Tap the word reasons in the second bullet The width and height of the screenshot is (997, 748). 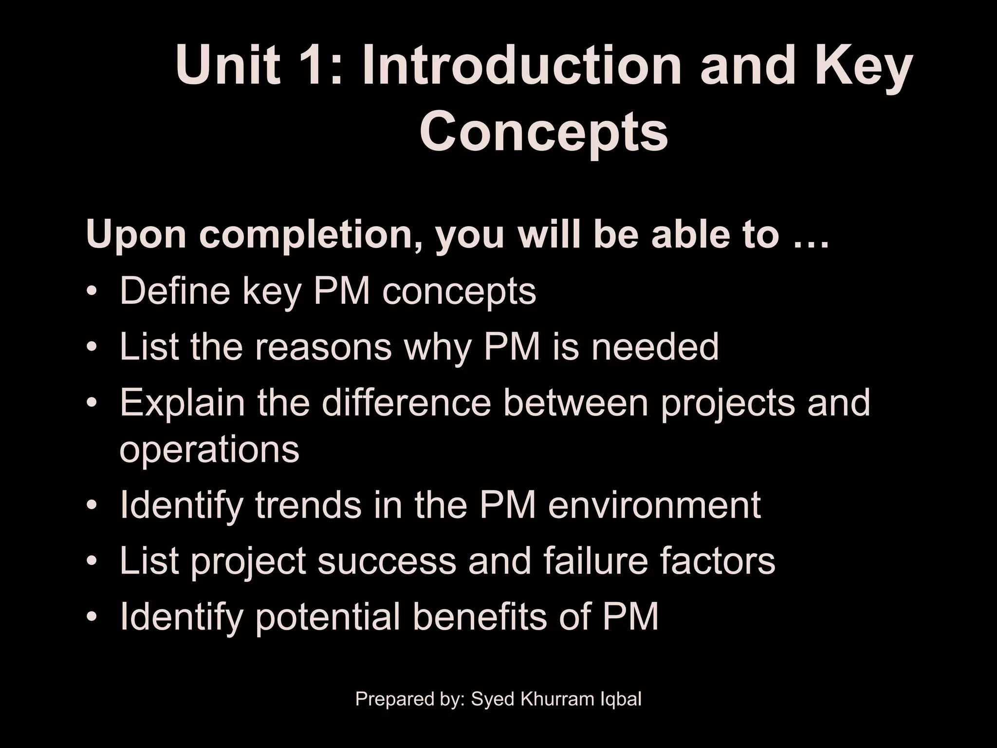323,347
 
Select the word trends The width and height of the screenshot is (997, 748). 309,505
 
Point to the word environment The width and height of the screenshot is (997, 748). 654,505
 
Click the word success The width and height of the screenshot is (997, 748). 387,561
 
